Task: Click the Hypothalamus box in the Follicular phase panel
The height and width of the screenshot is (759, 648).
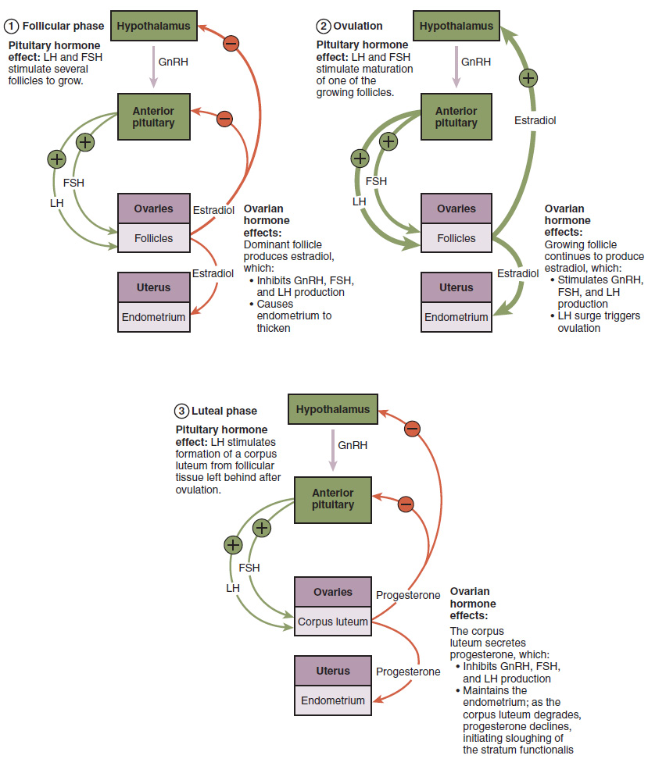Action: pos(153,27)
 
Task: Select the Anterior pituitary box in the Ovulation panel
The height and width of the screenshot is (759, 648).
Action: pos(456,117)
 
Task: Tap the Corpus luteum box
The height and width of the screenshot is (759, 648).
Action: pos(332,622)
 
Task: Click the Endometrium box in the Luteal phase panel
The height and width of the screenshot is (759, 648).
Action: pos(332,700)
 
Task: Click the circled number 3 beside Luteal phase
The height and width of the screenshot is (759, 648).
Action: pos(181,411)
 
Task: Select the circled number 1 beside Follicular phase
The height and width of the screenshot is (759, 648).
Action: pos(12,26)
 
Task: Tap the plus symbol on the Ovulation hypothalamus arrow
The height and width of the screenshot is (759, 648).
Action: pos(528,77)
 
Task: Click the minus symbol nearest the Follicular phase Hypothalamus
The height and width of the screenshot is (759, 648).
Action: pos(231,44)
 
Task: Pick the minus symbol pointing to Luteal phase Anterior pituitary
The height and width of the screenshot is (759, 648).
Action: pos(405,504)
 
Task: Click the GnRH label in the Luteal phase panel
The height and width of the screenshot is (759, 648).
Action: pos(352,445)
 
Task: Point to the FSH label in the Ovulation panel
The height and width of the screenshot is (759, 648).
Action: pos(376,181)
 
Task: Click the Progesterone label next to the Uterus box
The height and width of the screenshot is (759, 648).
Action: pos(408,672)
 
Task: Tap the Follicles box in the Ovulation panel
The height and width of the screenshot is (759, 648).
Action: pos(456,238)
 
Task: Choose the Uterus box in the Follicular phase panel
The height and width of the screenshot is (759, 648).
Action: pos(153,287)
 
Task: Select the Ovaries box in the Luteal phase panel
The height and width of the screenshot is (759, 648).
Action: pos(332,592)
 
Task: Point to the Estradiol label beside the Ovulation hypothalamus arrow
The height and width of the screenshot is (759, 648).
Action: pos(535,120)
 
